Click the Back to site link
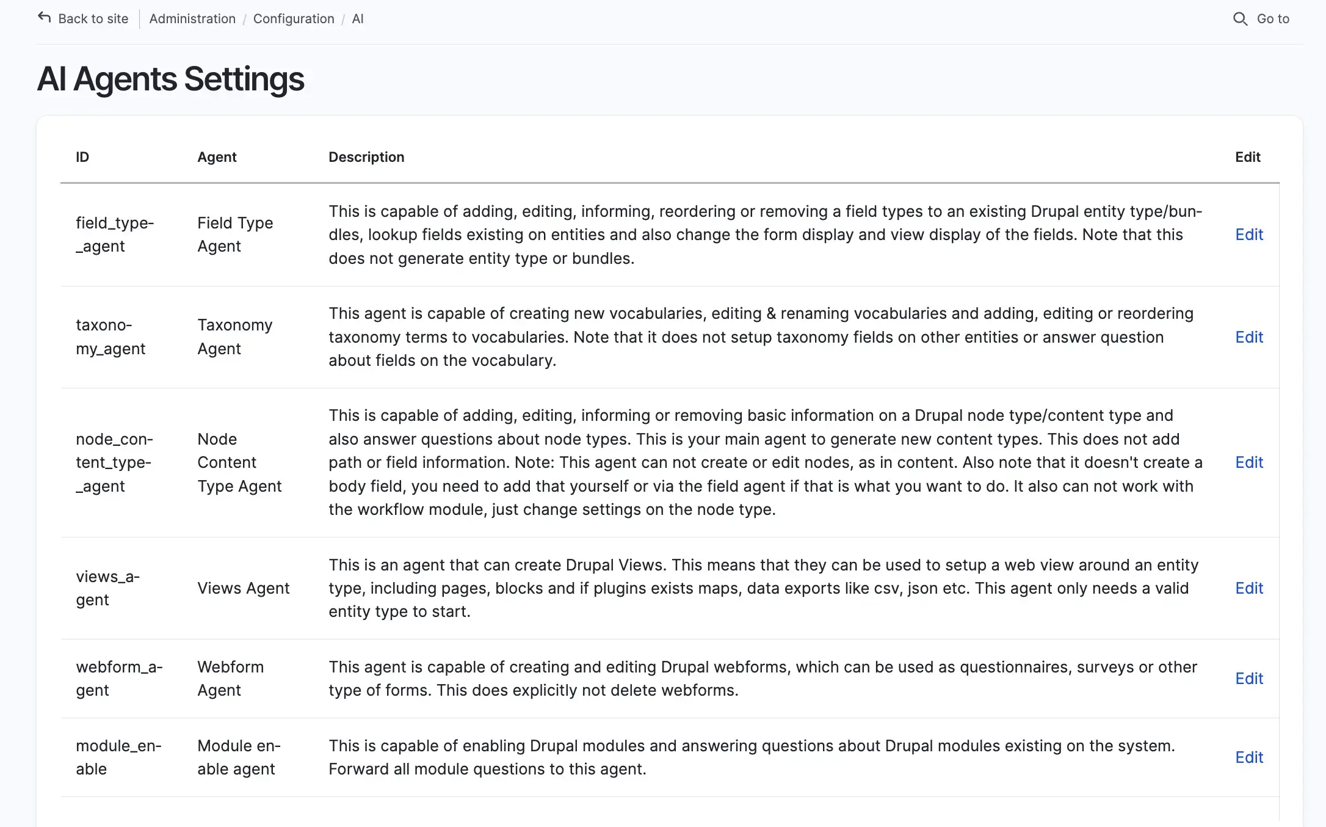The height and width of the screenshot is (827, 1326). tap(93, 19)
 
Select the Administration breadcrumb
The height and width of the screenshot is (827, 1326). tap(192, 19)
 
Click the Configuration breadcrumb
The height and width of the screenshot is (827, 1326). tap(294, 19)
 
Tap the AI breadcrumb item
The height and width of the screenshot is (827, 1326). tap(358, 19)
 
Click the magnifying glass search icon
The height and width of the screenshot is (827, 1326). tap(1240, 19)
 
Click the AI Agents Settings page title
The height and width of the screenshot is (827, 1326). tap(170, 79)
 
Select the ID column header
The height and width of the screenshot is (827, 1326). tap(82, 157)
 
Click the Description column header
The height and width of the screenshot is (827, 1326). tap(366, 157)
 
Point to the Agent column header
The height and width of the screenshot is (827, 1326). tap(217, 157)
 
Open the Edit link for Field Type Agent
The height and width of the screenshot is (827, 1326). tap(1249, 235)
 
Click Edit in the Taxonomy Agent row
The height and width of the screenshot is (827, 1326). tap(1249, 337)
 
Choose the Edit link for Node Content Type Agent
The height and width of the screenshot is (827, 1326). tap(1249, 462)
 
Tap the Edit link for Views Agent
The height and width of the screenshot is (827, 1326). tap(1249, 588)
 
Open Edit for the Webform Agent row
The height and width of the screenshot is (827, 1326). tap(1249, 679)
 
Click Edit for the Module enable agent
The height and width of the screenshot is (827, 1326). tap(1249, 757)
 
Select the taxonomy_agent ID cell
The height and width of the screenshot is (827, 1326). tap(111, 337)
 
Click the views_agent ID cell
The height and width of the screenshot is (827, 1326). tap(107, 588)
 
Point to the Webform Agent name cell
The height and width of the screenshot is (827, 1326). tap(230, 679)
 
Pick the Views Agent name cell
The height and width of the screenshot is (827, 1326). tap(243, 588)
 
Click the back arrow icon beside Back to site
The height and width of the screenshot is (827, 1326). tap(45, 18)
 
